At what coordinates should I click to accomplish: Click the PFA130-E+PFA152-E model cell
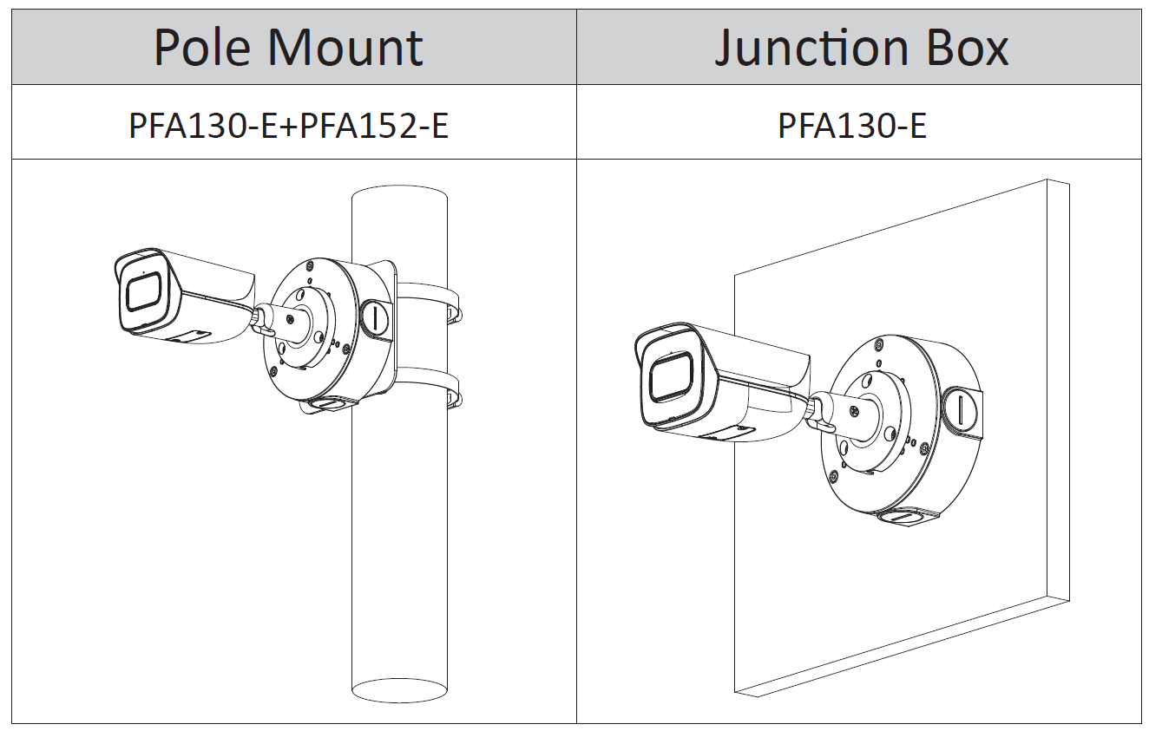(289, 125)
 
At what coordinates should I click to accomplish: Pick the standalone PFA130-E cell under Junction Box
(851, 125)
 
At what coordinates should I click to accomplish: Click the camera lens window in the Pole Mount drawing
(143, 291)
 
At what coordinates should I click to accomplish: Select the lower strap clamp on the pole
(430, 392)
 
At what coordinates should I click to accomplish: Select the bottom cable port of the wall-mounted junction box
(903, 518)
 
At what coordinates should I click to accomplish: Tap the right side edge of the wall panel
(1058, 390)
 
